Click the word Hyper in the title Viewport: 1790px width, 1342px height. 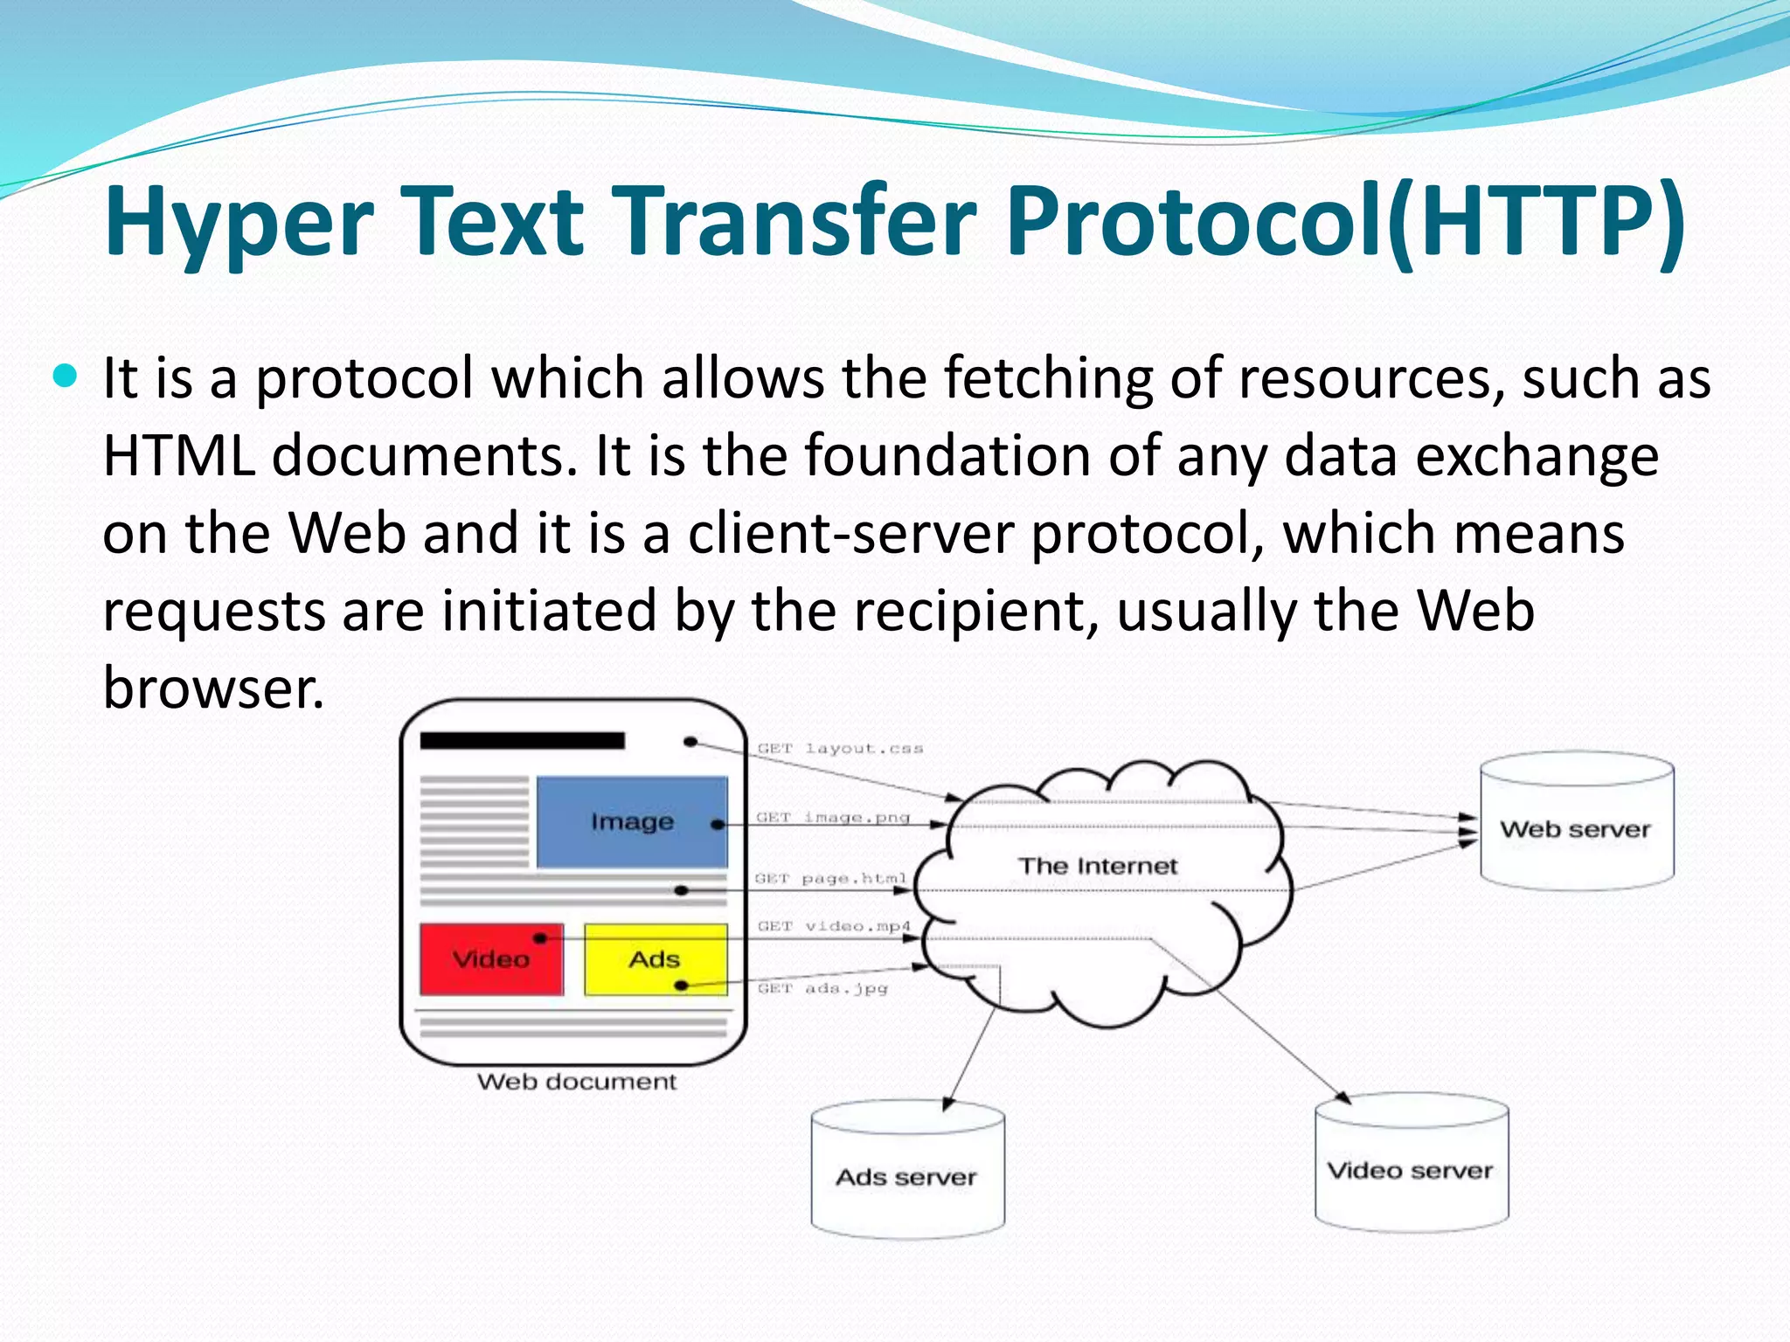point(239,223)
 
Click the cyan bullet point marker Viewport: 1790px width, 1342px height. point(66,377)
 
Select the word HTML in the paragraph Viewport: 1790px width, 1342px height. point(179,456)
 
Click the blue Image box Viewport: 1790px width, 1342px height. point(632,821)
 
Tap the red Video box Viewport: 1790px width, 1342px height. point(491,959)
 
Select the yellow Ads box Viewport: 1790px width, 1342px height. point(655,959)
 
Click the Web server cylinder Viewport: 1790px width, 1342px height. point(1576,826)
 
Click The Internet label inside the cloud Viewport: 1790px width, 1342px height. point(1098,866)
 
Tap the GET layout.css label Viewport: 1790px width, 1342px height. point(840,749)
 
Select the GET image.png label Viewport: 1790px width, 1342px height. point(833,818)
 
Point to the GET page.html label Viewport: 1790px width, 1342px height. point(830,878)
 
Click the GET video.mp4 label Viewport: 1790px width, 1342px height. point(834,926)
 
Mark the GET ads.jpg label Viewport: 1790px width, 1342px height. point(822,988)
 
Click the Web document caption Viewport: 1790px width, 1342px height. point(577,1082)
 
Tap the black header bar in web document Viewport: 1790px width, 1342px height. point(522,741)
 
